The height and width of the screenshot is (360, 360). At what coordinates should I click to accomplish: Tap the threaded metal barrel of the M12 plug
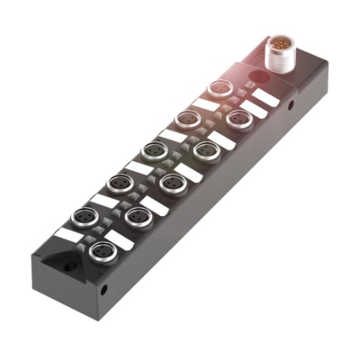(x=281, y=56)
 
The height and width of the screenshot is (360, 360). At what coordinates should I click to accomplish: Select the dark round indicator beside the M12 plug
(x=256, y=78)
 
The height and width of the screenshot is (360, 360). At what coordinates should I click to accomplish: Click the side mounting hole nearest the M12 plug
(x=291, y=105)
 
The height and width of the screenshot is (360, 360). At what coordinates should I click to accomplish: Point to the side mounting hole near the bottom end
(x=104, y=291)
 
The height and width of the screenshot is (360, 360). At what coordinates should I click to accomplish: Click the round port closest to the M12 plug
(x=218, y=88)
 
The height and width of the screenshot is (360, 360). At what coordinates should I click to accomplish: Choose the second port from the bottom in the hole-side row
(x=138, y=217)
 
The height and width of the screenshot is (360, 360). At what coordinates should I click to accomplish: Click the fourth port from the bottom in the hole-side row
(x=205, y=150)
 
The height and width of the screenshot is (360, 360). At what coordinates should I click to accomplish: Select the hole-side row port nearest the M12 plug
(x=238, y=119)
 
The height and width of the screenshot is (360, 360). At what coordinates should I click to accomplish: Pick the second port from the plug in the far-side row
(x=186, y=119)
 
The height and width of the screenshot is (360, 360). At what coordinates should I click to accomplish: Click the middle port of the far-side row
(x=154, y=151)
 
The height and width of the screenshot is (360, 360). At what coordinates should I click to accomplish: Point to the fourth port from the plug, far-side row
(x=119, y=184)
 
